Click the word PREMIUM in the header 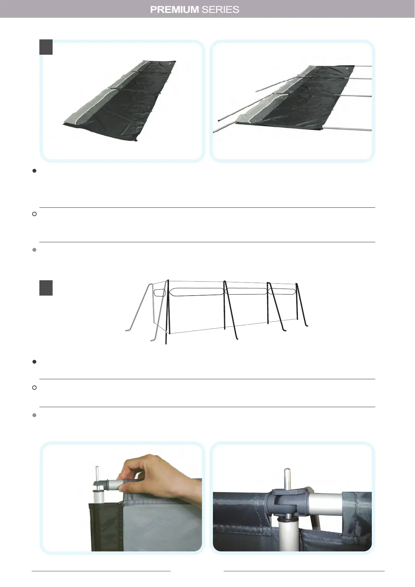click(x=174, y=9)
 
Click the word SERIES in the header click(x=220, y=9)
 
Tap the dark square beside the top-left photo click(x=46, y=47)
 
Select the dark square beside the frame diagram click(x=46, y=288)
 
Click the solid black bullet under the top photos click(x=34, y=171)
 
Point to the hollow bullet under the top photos click(x=34, y=214)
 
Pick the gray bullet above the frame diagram click(x=34, y=250)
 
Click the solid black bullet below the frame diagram click(x=34, y=362)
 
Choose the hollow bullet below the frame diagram click(x=34, y=388)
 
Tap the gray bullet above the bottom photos click(x=34, y=416)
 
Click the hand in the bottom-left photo click(x=146, y=471)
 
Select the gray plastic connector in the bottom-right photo click(x=286, y=500)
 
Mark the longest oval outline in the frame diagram click(x=196, y=292)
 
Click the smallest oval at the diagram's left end click(x=160, y=293)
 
